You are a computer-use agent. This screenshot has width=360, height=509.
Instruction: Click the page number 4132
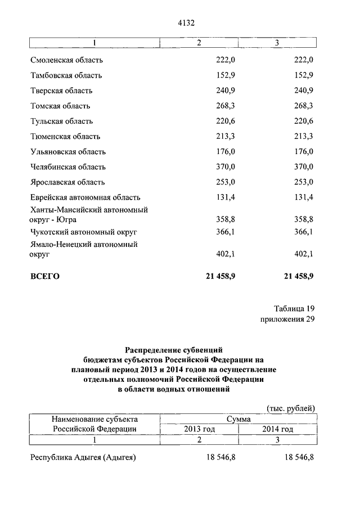click(x=185, y=22)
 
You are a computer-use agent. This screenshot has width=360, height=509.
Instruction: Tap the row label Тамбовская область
click(x=66, y=75)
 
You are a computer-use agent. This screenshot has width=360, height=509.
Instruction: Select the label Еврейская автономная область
click(x=85, y=197)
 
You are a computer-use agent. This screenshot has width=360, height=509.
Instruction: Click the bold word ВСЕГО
click(x=44, y=276)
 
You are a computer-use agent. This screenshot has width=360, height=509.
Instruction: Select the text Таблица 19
click(x=294, y=309)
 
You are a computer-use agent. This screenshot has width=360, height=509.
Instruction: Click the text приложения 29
click(x=287, y=319)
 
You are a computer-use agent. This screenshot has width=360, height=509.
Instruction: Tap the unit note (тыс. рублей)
click(x=290, y=408)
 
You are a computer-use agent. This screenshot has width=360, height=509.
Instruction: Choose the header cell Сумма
click(x=238, y=419)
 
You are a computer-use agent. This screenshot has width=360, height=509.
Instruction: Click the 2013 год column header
click(x=200, y=429)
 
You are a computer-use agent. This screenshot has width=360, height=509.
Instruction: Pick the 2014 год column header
click(x=278, y=429)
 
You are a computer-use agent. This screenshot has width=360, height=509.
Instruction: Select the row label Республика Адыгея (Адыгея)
click(x=83, y=458)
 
